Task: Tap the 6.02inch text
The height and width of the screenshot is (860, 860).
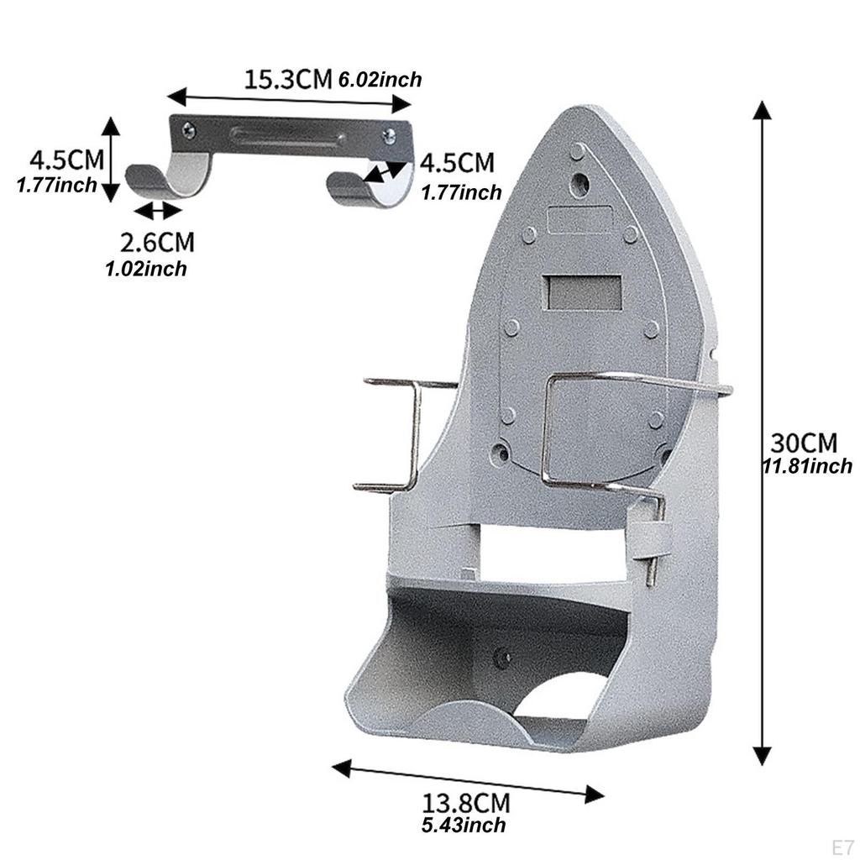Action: (380, 81)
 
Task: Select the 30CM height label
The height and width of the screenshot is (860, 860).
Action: (805, 442)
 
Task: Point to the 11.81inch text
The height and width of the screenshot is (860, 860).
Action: (807, 465)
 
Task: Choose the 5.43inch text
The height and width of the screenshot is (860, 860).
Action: (464, 826)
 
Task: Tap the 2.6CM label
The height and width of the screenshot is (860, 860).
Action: (157, 243)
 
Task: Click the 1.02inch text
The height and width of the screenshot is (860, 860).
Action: (146, 269)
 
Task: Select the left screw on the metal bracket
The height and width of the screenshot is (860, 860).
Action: (189, 130)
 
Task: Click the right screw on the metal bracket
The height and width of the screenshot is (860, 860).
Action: (389, 136)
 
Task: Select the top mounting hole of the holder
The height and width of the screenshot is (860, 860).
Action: (579, 182)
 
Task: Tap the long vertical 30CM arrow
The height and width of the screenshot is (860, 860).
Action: (762, 433)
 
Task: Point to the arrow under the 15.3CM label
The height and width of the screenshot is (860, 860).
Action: (289, 99)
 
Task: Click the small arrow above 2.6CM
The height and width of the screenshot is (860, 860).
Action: (157, 211)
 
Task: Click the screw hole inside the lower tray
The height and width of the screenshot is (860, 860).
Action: (502, 658)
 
